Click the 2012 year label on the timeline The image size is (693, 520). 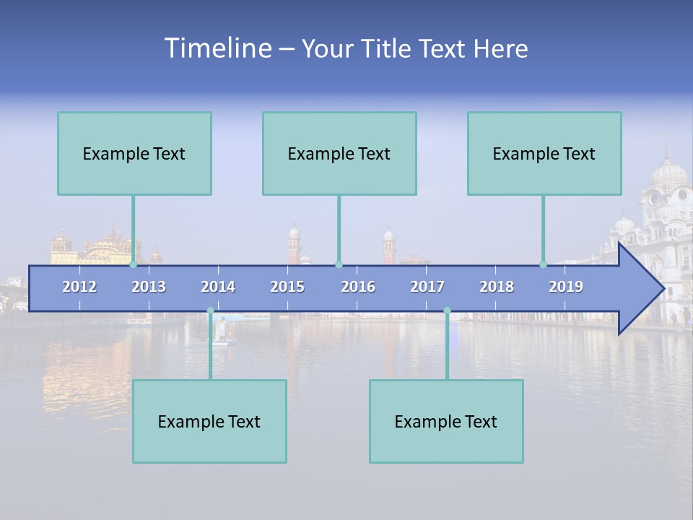pos(79,287)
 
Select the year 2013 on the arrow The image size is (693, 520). pos(149,287)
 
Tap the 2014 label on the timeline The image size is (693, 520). pos(218,287)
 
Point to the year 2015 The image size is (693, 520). pos(287,287)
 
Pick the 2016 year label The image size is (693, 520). pos(358,287)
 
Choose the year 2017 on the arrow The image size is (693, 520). pos(427,287)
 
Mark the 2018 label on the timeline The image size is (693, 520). pos(497,287)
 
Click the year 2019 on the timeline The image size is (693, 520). pos(566,287)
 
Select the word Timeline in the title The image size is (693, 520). pos(217,48)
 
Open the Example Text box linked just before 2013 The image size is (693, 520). pos(134,153)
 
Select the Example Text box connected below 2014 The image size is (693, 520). pos(209,421)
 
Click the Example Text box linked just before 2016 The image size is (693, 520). pos(339,153)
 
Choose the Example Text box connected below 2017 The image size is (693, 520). pos(446,421)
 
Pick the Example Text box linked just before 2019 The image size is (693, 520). pos(544,153)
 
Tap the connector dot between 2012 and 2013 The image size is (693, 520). pos(133,265)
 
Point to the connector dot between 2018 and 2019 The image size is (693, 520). pos(543,265)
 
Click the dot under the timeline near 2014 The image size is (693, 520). pos(210,311)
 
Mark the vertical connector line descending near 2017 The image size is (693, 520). pos(447,347)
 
